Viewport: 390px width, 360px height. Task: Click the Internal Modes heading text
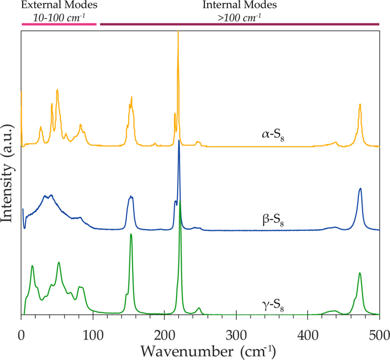tap(240, 5)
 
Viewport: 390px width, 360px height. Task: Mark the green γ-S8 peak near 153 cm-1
tap(131, 234)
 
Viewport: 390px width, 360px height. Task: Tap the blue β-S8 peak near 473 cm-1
tap(360, 188)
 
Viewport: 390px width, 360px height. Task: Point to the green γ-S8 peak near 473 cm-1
tap(360, 274)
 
